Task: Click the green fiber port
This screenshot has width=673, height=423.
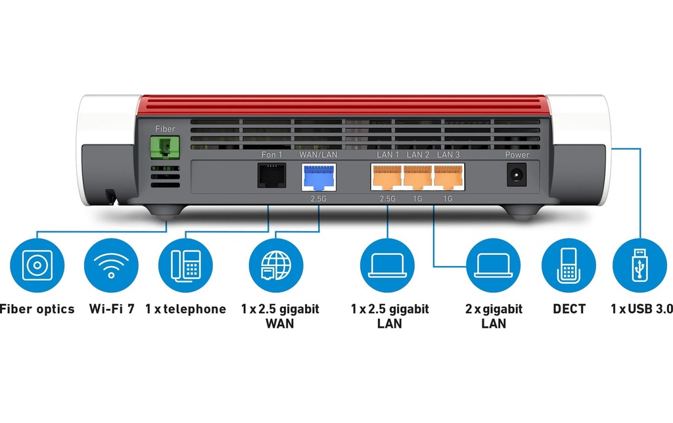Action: click(165, 148)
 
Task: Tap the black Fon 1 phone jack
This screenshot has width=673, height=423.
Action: click(271, 175)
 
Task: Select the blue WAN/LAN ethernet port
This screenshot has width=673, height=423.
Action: click(319, 177)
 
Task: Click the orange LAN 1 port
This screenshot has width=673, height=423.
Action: click(386, 177)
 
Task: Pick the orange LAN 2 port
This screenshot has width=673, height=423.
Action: click(417, 177)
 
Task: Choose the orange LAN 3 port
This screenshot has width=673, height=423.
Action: click(448, 177)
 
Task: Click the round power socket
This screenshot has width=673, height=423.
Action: click(517, 175)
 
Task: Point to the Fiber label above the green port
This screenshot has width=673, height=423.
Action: click(165, 129)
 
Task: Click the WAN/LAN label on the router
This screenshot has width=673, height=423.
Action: click(318, 154)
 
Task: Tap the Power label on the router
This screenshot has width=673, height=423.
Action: click(517, 154)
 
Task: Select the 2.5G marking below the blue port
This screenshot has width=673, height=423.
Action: click(319, 198)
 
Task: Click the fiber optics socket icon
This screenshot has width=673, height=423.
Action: click(37, 265)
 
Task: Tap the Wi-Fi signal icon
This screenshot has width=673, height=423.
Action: click(111, 265)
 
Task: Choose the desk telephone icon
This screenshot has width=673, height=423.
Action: click(186, 265)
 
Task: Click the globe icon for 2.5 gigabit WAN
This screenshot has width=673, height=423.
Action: click(276, 265)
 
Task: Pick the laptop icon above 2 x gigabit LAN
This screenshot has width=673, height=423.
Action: click(493, 265)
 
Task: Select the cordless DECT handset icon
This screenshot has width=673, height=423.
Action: click(569, 265)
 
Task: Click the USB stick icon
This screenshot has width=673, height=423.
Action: click(639, 265)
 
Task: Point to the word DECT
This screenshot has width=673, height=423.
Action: click(569, 309)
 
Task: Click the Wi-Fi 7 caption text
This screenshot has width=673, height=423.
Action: click(112, 309)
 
